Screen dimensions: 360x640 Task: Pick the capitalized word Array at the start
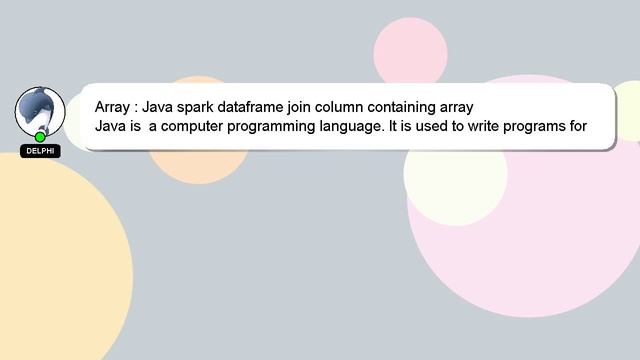(113, 106)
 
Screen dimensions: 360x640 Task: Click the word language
(356, 126)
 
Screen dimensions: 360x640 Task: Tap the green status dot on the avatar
(40, 137)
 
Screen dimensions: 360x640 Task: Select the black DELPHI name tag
(40, 151)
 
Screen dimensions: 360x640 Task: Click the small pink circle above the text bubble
(410, 50)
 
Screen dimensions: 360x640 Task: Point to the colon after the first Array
(138, 107)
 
